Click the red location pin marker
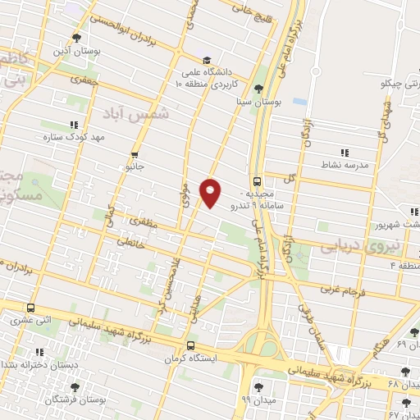(212, 192)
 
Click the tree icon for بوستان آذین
(76, 38)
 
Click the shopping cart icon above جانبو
(135, 153)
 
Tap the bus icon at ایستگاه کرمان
(191, 345)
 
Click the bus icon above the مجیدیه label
(258, 181)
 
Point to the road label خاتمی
(130, 240)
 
